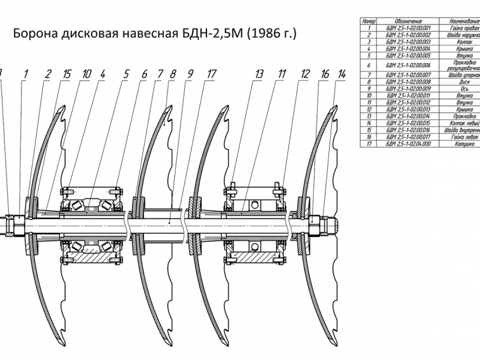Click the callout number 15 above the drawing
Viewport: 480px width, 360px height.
point(66,74)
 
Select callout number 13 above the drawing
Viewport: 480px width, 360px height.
point(259,74)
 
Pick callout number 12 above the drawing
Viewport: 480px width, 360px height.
point(305,74)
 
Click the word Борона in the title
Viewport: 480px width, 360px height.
point(36,33)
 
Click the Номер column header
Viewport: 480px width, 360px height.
point(367,21)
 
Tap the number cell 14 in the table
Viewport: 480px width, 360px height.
point(367,123)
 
